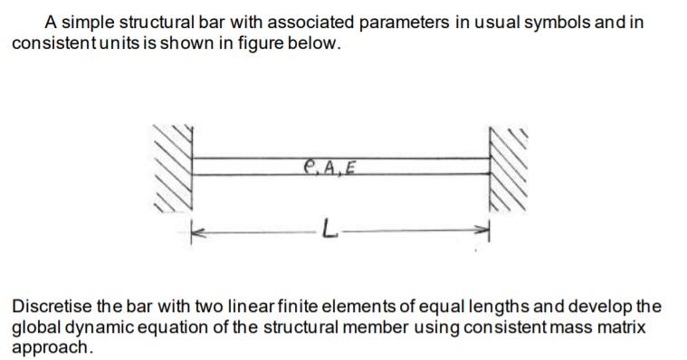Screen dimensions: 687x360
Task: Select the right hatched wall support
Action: [x=506, y=167]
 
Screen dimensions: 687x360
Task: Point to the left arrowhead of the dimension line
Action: [x=194, y=232]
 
